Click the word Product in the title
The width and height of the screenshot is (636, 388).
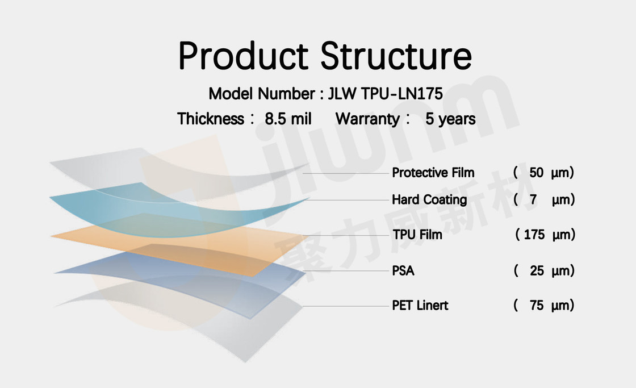click(x=244, y=56)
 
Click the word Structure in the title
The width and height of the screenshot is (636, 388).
click(x=396, y=56)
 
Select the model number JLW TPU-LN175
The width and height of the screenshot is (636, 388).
click(x=386, y=94)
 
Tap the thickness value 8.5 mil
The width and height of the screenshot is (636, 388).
click(x=288, y=119)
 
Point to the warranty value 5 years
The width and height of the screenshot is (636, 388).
click(x=450, y=119)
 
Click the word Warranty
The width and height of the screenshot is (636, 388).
click(x=367, y=119)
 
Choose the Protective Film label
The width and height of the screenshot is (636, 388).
click(x=433, y=173)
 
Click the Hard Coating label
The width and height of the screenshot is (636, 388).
click(x=429, y=200)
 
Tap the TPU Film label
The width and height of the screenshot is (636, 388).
click(x=417, y=235)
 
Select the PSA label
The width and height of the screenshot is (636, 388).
click(x=403, y=271)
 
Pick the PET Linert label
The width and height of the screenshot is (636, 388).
click(x=420, y=305)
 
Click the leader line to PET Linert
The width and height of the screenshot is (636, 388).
click(x=346, y=306)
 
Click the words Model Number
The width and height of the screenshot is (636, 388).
click(x=262, y=94)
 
